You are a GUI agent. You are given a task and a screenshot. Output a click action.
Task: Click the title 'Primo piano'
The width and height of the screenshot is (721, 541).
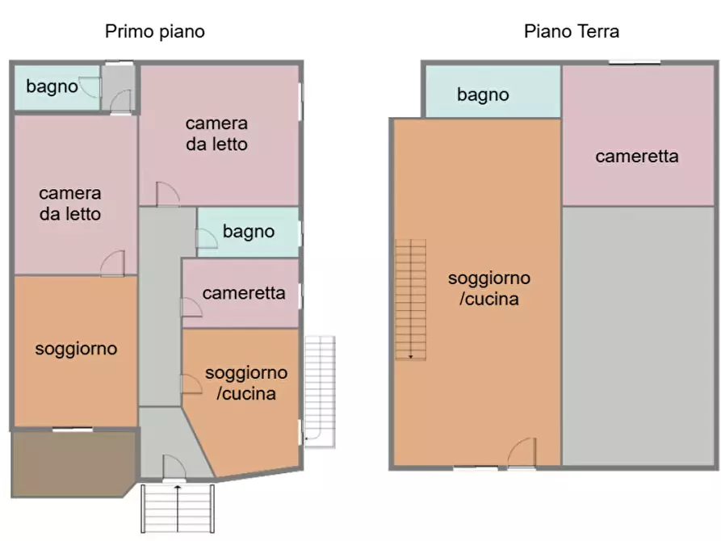[155, 32]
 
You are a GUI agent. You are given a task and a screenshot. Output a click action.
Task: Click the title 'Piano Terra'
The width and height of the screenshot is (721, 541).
[572, 32]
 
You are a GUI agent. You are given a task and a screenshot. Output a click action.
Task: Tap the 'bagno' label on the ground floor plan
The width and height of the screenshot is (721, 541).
[483, 94]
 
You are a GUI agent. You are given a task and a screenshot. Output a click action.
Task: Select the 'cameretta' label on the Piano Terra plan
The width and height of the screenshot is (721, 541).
[637, 157]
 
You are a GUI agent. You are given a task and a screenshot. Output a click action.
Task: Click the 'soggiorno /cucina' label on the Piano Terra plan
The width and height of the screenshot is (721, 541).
[489, 288]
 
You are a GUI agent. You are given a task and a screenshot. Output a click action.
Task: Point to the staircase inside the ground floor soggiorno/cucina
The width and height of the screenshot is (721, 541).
[410, 299]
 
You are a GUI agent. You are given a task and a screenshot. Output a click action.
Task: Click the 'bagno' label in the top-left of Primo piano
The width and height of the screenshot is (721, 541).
[52, 86]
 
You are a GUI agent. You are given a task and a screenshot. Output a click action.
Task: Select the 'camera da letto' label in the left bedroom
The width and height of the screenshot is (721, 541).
[70, 203]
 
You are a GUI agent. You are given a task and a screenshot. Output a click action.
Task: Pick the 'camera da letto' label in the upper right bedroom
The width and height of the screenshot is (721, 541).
[216, 134]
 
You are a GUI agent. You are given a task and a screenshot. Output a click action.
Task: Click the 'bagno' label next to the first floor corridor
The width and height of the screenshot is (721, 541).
[249, 233]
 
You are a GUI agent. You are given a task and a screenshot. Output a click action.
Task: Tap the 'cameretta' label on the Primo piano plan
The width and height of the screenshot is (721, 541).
[244, 293]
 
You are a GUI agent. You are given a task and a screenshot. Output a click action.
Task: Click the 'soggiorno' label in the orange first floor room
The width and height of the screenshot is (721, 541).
[76, 349]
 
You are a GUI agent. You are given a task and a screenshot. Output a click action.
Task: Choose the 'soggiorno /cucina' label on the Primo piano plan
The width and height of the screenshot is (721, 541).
[246, 384]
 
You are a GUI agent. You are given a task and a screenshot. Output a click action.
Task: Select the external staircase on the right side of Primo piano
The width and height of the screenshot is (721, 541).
[320, 391]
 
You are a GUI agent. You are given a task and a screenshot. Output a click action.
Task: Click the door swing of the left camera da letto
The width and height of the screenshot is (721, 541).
[114, 263]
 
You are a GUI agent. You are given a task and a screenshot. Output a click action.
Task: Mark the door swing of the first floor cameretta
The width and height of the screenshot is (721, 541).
[191, 307]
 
